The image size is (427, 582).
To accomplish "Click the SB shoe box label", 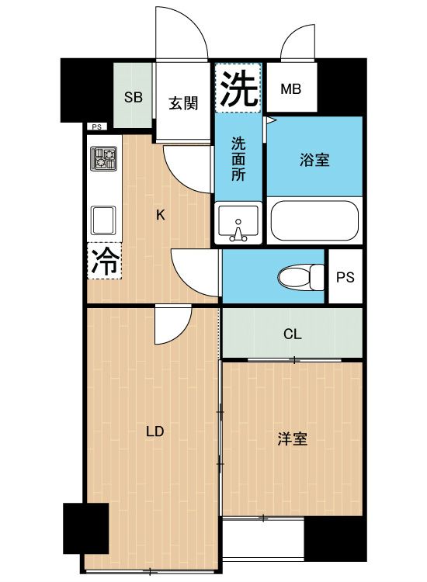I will click(x=134, y=97).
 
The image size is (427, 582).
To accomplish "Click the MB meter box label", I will click(x=290, y=88).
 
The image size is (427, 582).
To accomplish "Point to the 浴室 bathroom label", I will click(x=314, y=160).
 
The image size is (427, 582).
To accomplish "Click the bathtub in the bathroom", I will click(x=314, y=220).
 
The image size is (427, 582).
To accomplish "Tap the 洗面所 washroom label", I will click(x=239, y=159).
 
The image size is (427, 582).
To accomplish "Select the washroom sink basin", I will click(x=238, y=224).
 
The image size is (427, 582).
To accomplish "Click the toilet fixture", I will click(x=300, y=276).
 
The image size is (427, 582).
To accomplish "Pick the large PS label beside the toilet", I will click(x=345, y=277).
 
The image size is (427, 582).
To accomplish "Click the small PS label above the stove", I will click(x=96, y=127).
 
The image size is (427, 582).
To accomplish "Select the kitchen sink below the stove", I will click(x=104, y=220).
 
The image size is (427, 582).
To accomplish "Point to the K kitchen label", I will click(x=161, y=216).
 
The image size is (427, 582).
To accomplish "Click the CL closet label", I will click(x=292, y=334).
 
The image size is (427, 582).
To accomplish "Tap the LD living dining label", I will click(x=154, y=431).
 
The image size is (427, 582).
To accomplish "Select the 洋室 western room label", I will click(x=293, y=439).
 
